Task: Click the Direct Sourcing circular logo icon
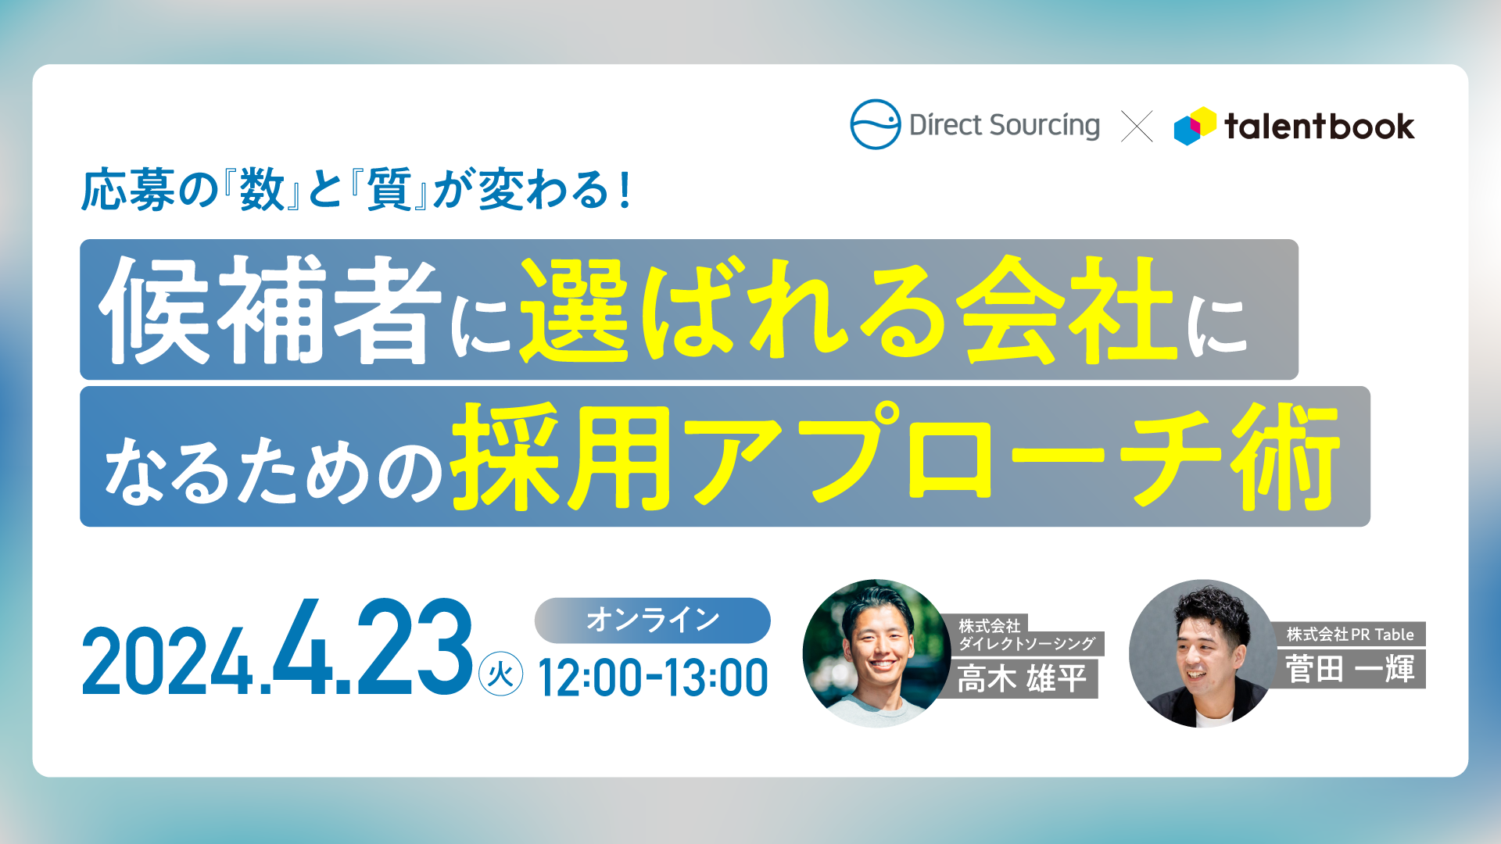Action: pyautogui.click(x=875, y=124)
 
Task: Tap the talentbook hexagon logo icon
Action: pyautogui.click(x=1195, y=126)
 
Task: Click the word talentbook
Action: pyautogui.click(x=1319, y=127)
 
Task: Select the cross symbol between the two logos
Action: pyautogui.click(x=1137, y=126)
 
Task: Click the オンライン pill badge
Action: pyautogui.click(x=652, y=620)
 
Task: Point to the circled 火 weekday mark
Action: pyautogui.click(x=500, y=674)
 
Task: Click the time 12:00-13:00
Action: pyautogui.click(x=653, y=678)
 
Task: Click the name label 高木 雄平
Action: pyautogui.click(x=1023, y=678)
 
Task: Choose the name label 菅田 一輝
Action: pyautogui.click(x=1350, y=669)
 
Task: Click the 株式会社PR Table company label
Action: pyautogui.click(x=1350, y=635)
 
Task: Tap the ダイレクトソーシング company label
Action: pyautogui.click(x=1027, y=643)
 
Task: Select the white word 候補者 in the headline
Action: pyautogui.click(x=270, y=310)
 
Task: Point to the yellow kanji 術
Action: pyautogui.click(x=1286, y=457)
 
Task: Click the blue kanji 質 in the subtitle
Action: pyautogui.click(x=389, y=190)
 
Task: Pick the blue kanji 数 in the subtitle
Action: pyautogui.click(x=262, y=190)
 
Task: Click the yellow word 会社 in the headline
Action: pyautogui.click(x=1068, y=310)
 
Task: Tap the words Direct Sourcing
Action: pyautogui.click(x=1005, y=126)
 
